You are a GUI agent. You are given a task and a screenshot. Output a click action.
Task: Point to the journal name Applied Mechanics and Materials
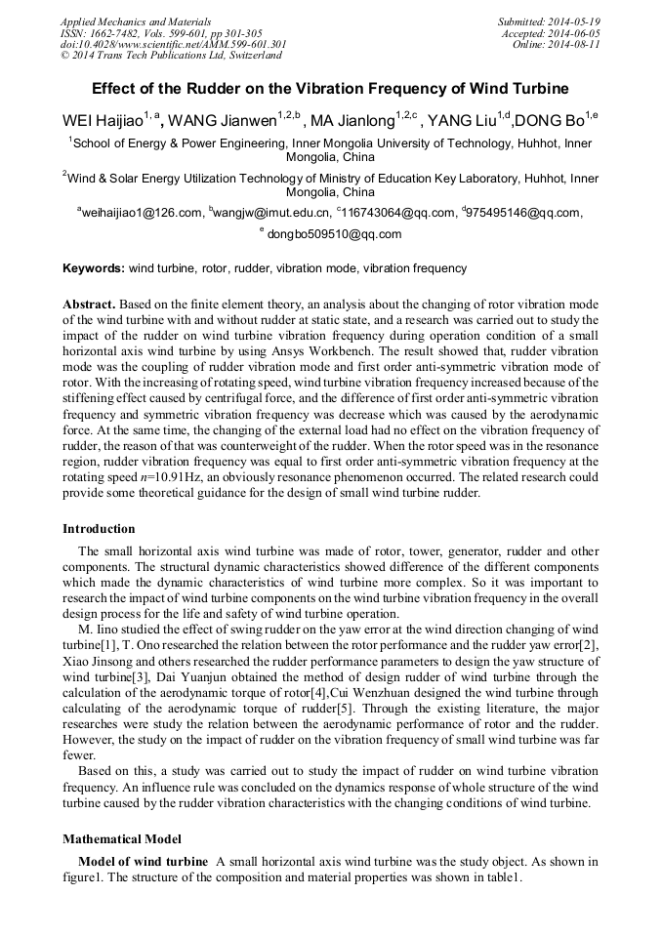136,21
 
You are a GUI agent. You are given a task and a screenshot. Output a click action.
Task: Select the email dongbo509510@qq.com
334,234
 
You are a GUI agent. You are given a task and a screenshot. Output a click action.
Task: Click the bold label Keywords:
94,268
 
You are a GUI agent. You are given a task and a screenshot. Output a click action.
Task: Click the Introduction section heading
99,529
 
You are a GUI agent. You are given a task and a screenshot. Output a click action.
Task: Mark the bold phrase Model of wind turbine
143,862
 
